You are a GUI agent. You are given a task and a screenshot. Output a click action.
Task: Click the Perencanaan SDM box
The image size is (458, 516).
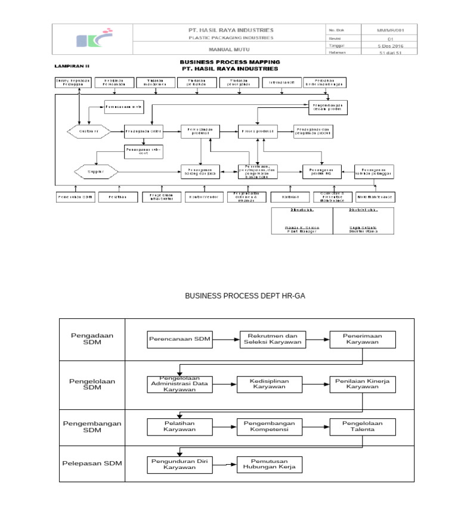point(180,340)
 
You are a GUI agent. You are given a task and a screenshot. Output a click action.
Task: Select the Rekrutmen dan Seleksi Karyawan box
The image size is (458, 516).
point(273,340)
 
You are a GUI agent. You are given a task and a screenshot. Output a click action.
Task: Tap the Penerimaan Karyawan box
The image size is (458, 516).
point(362,340)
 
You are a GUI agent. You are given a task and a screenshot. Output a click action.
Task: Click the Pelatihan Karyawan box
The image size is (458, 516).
point(180,427)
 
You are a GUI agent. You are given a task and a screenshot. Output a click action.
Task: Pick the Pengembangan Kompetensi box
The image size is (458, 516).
point(270,427)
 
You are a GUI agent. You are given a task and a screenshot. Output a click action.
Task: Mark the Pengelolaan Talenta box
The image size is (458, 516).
point(362,427)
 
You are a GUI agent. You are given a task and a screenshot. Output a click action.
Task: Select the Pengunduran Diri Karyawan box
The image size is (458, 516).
point(180,464)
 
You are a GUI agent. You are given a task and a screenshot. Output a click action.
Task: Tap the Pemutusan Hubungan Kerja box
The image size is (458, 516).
point(269,464)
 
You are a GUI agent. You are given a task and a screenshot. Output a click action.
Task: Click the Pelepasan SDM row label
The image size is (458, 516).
point(92,464)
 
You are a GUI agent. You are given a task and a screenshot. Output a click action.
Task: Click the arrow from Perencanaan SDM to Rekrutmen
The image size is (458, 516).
point(225,340)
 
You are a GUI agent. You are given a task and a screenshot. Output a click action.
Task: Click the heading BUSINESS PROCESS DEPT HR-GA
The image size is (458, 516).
point(245,296)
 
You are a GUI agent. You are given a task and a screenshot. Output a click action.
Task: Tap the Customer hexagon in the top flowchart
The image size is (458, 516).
point(88,130)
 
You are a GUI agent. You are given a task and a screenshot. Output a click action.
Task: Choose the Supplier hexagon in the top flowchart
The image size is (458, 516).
point(96,172)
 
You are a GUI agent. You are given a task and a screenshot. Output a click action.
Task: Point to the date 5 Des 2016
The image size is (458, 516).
point(390,45)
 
